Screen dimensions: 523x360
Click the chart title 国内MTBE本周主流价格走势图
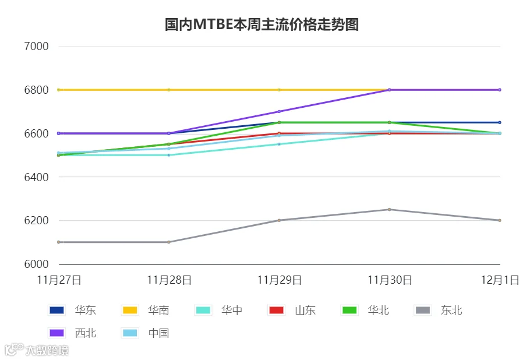pos(261,24)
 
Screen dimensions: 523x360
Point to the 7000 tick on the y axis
pos(36,47)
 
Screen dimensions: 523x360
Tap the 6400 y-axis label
pos(36,177)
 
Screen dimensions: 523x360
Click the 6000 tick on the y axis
pos(36,264)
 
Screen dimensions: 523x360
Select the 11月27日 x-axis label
pos(59,280)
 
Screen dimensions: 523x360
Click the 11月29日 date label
pos(280,280)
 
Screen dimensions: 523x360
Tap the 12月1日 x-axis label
pos(500,280)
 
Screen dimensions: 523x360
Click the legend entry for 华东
pos(72,310)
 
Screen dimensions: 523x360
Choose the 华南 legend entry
pos(146,310)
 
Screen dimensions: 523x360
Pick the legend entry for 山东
pos(292,310)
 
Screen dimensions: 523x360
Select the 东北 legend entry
pos(439,310)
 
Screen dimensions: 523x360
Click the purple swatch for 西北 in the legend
pos(56,333)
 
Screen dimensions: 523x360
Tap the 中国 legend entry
pos(146,333)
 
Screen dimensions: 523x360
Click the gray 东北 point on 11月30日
pos(389,210)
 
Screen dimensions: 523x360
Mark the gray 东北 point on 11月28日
pos(169,242)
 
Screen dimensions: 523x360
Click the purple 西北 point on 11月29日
pos(279,111)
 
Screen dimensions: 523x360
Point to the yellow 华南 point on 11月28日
pos(169,90)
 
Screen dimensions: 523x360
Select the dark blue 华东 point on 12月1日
pos(500,122)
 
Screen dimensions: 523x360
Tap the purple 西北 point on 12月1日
pos(500,90)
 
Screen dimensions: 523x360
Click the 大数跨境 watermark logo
pos(37,350)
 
